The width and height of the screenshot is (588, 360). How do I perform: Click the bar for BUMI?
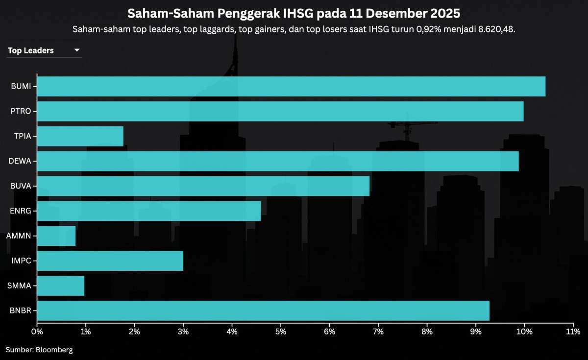pyautogui.click(x=291, y=86)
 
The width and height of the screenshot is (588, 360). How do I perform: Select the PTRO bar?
pyautogui.click(x=280, y=111)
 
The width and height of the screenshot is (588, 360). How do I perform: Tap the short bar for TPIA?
pyautogui.click(x=80, y=136)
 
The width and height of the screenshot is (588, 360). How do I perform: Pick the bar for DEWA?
pyautogui.click(x=278, y=161)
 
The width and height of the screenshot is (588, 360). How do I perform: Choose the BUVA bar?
pyautogui.click(x=203, y=186)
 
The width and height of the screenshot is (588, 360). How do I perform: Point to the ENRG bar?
pyautogui.click(x=149, y=211)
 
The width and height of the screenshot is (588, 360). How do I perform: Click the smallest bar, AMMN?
pyautogui.click(x=56, y=236)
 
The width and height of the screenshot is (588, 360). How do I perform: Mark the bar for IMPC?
pyautogui.click(x=110, y=261)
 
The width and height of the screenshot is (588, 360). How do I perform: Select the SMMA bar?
pyautogui.click(x=61, y=286)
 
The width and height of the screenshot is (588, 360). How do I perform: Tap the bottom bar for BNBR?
pyautogui.click(x=263, y=311)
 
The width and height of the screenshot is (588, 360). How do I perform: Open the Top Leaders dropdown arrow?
pyautogui.click(x=77, y=50)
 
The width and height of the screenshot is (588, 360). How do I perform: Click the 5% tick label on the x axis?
pyautogui.click(x=281, y=332)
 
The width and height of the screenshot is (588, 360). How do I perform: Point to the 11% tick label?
pyautogui.click(x=573, y=332)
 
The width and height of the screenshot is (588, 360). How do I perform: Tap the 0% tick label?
pyautogui.click(x=37, y=332)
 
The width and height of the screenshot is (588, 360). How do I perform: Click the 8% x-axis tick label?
pyautogui.click(x=427, y=332)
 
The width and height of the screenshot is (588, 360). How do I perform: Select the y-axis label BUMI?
pyautogui.click(x=21, y=86)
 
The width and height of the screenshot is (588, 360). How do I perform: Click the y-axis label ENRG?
pyautogui.click(x=21, y=211)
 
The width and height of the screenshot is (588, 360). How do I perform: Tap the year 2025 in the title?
pyautogui.click(x=444, y=12)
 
